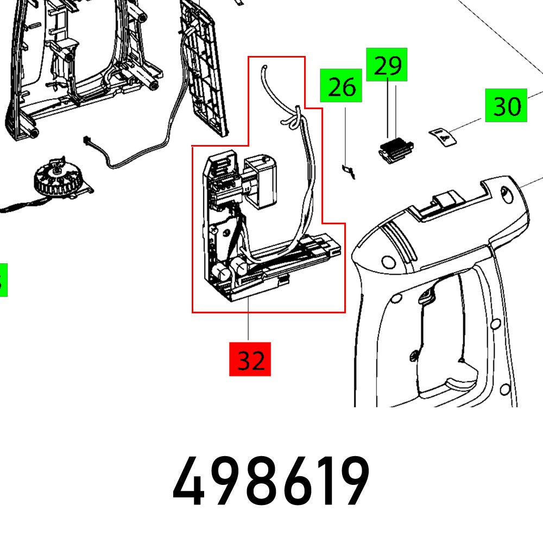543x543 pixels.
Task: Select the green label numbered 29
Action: pos(387,65)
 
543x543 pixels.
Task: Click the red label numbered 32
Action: pos(250,359)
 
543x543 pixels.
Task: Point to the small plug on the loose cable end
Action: pos(86,140)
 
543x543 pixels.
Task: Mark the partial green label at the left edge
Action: pos(3,280)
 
